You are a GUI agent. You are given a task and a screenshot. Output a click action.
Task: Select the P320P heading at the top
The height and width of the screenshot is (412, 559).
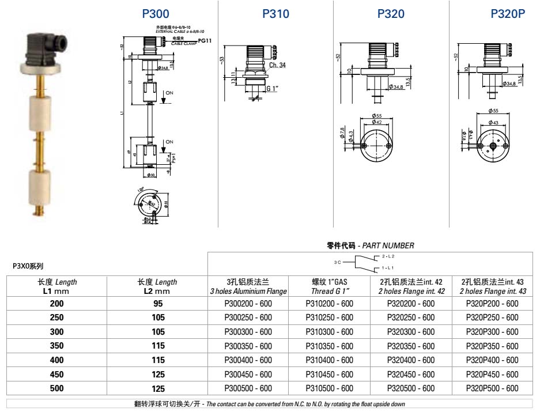[508, 14]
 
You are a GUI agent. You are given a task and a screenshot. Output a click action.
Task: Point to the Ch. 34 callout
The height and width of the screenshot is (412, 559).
[277, 65]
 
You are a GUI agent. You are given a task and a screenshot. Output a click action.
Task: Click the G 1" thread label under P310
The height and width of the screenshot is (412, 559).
[272, 89]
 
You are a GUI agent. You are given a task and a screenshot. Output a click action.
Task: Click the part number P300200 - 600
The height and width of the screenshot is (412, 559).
[248, 304]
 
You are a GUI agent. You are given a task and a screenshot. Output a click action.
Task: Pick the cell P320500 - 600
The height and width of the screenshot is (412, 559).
[411, 388]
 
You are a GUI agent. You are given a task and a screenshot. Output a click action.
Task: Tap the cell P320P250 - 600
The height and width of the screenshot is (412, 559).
[493, 317]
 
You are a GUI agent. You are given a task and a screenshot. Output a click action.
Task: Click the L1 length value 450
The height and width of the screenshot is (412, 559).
[56, 375]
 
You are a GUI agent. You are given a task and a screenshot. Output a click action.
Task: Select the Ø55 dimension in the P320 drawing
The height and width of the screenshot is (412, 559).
[377, 116]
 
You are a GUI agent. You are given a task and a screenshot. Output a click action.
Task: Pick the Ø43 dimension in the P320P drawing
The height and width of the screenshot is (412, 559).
[493, 122]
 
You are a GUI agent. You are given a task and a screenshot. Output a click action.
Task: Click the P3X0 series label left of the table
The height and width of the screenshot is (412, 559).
[28, 266]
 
